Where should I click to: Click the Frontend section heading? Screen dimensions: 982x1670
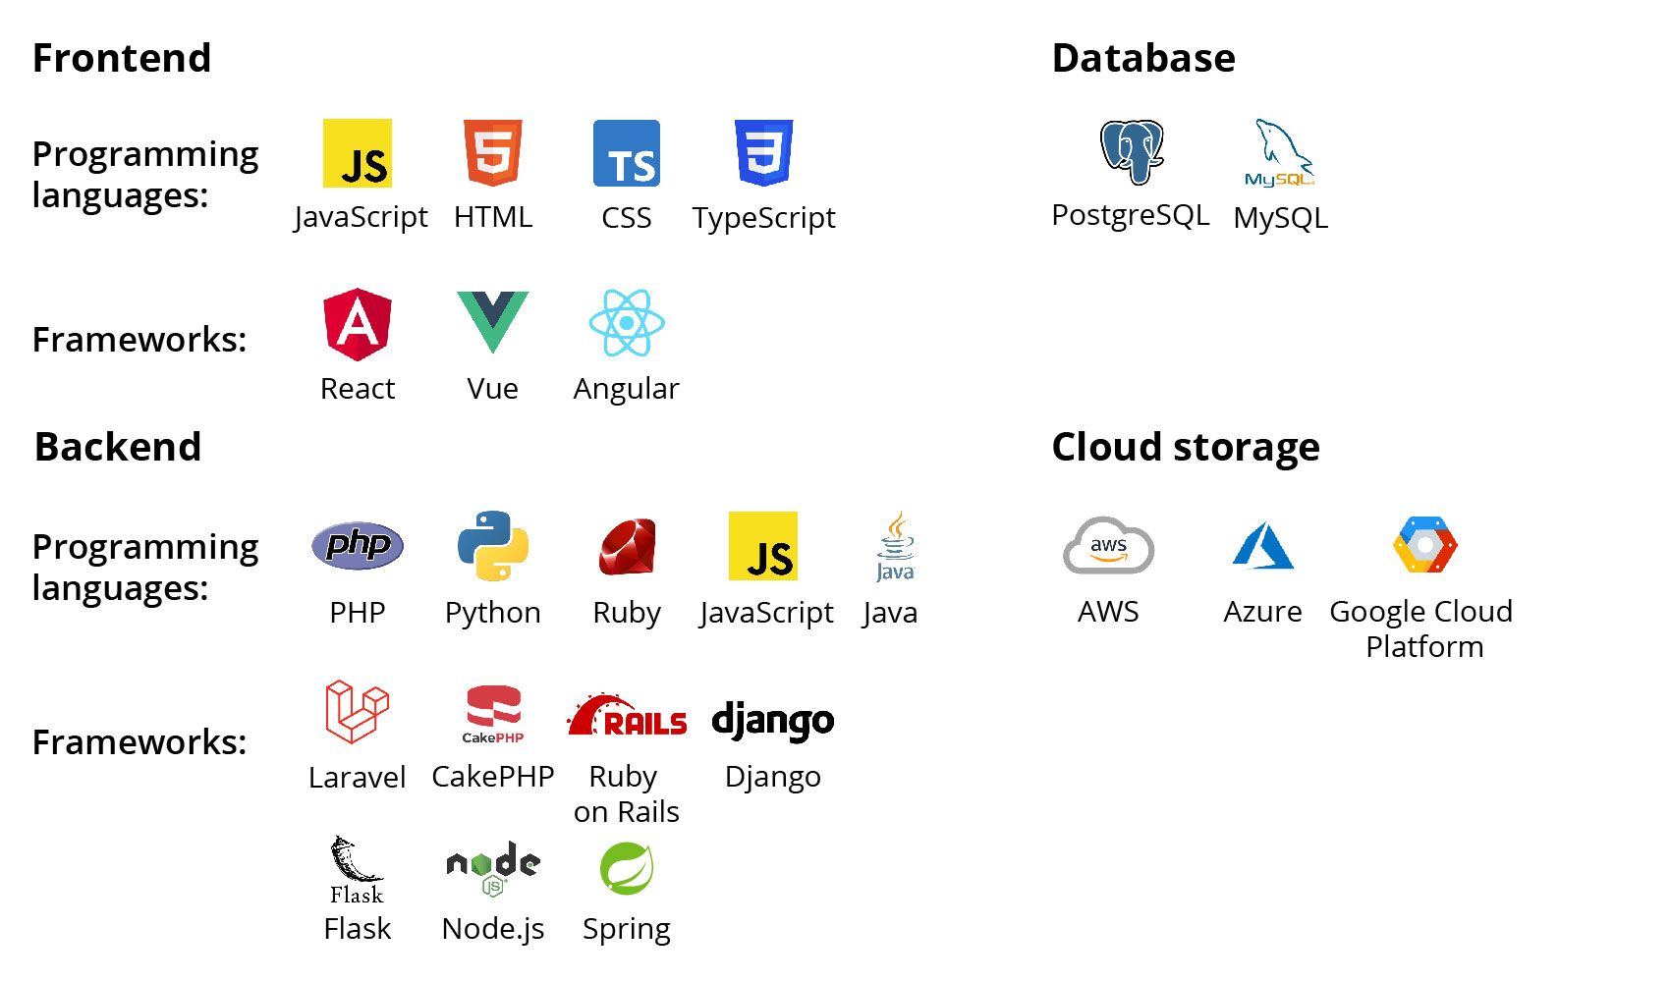tap(122, 58)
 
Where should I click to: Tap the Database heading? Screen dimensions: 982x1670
tap(1143, 58)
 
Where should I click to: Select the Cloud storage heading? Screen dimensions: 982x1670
tap(1186, 447)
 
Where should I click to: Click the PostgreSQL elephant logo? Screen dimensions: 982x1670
tap(1132, 152)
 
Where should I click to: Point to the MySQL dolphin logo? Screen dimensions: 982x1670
tap(1280, 153)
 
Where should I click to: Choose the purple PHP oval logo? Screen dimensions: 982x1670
tap(358, 545)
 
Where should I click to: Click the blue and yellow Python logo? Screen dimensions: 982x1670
tap(493, 546)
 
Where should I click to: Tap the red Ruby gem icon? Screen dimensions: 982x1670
tap(627, 546)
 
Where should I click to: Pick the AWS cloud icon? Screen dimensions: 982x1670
tap(1108, 546)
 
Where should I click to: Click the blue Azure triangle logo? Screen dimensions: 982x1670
tap(1262, 546)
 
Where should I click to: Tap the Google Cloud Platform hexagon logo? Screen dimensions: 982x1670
tap(1425, 545)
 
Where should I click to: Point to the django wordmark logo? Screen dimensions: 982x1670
tap(773, 721)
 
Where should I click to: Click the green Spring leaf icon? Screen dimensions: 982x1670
tap(627, 868)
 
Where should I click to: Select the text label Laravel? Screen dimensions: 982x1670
tap(357, 777)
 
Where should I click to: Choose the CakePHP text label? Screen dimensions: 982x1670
tap(493, 776)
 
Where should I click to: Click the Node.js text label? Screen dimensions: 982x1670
tap(493, 928)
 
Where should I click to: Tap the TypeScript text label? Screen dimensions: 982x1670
tap(763, 217)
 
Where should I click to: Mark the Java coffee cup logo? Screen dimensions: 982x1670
tap(895, 546)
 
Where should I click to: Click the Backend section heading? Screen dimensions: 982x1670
tap(118, 447)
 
